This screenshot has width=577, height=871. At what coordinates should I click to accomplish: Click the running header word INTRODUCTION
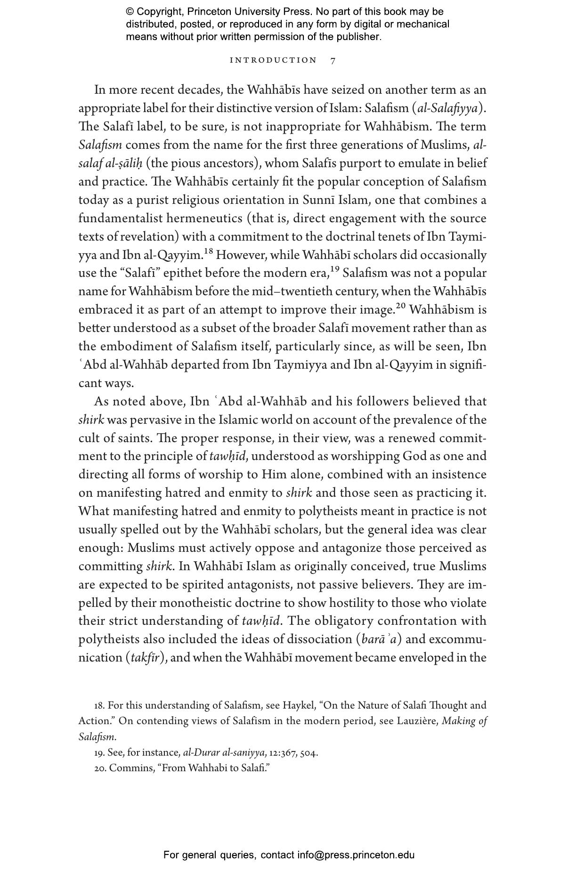273,60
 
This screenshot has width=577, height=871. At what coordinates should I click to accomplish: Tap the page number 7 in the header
333,61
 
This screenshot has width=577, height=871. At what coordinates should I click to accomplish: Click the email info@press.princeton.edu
356,855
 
